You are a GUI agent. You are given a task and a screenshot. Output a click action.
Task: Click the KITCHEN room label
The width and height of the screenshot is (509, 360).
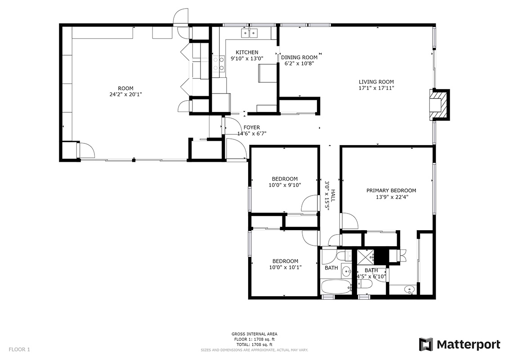coord(247,52)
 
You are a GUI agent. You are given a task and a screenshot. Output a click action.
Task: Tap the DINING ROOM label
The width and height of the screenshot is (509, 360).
coord(299,58)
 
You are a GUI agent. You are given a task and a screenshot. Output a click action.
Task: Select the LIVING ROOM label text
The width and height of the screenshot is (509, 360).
coord(376,82)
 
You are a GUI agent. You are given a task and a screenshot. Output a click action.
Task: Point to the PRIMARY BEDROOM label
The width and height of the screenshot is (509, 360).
coord(391,191)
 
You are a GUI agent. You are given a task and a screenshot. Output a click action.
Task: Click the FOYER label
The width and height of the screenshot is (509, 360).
coord(252,128)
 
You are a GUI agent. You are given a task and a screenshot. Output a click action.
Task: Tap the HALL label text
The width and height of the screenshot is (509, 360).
coord(333,196)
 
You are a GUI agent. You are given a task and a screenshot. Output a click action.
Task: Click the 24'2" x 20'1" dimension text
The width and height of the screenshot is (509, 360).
coord(125,95)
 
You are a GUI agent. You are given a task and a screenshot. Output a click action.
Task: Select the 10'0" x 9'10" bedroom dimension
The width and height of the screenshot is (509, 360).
coord(285,185)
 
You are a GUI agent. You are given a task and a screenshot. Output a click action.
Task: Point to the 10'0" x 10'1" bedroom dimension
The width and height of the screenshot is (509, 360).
coord(286,267)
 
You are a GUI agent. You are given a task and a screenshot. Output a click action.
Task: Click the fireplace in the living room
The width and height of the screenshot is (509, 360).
coord(440,105)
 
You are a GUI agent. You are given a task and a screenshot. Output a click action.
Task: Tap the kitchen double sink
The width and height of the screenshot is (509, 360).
coord(249,33)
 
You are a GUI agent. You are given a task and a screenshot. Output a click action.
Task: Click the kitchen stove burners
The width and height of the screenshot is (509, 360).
coord(219,63)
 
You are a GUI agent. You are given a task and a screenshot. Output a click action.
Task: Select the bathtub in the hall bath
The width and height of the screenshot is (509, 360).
coord(336,287)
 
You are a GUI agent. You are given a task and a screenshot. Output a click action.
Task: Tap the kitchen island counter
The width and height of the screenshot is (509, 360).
coord(268,73)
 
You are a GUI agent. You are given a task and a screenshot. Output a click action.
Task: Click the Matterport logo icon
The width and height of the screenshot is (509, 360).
coord(426,344)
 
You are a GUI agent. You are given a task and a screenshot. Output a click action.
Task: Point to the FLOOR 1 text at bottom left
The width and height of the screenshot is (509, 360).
coord(19,350)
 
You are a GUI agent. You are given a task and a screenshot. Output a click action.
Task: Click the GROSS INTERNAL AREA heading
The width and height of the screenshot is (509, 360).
coord(254,334)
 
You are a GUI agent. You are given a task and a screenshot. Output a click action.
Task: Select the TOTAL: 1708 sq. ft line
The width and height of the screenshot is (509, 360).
coord(254,345)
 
